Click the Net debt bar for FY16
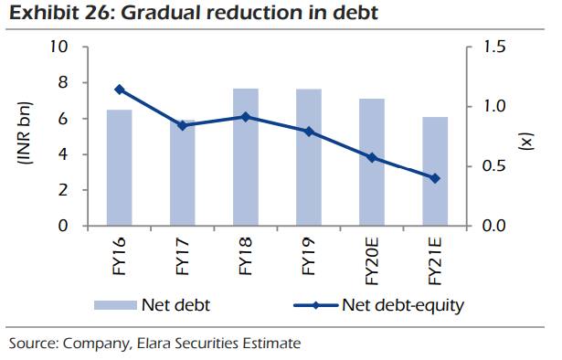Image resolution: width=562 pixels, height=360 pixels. tap(119, 168)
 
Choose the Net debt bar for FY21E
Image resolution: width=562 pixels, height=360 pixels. tap(435, 172)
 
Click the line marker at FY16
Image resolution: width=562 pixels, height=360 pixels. tap(119, 90)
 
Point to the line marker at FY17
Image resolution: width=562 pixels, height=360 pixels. tap(183, 125)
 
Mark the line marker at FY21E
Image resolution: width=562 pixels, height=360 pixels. tap(435, 178)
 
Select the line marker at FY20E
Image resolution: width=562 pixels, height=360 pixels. tap(371, 157)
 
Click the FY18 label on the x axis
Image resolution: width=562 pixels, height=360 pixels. tap(245, 259)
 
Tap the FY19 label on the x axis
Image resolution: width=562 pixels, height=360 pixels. tap(308, 259)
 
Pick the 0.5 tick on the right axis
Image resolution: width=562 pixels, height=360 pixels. tap(493, 166)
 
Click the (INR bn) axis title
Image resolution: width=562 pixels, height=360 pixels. tap(25, 136)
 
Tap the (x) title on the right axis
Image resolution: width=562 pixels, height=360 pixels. tap(527, 140)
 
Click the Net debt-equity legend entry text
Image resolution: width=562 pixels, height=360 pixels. tap(402, 304)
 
